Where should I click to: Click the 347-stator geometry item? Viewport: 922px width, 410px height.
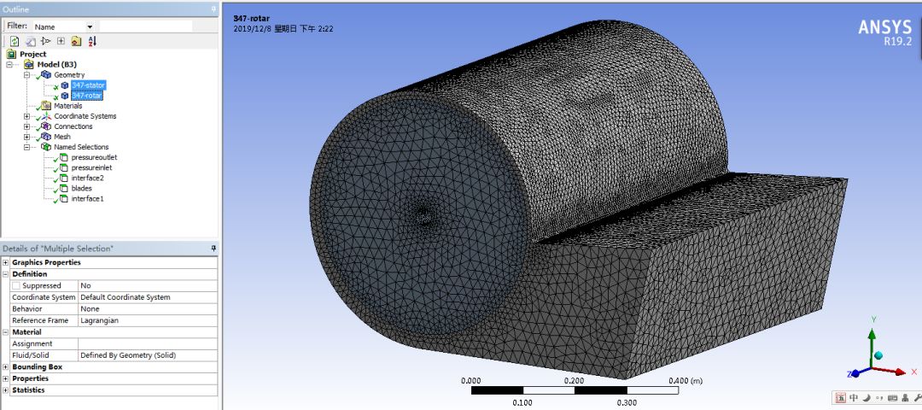pyautogui.click(x=88, y=85)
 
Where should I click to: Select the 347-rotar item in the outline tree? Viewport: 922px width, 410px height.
pyautogui.click(x=87, y=96)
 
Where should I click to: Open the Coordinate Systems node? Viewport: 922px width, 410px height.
pyautogui.click(x=85, y=116)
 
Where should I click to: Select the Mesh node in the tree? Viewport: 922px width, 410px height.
pyautogui.click(x=62, y=137)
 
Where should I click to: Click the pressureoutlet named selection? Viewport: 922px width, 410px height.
pyautogui.click(x=94, y=157)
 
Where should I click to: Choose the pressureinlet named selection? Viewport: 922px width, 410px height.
pyautogui.click(x=92, y=167)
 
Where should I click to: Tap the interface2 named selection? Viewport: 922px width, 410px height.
pyautogui.click(x=87, y=178)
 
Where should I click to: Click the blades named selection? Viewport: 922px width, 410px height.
pyautogui.click(x=81, y=188)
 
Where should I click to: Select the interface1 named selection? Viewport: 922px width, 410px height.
pyautogui.click(x=87, y=198)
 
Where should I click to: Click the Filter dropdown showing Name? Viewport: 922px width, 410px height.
pyautogui.click(x=64, y=26)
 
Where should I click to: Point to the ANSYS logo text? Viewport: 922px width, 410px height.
pyautogui.click(x=884, y=27)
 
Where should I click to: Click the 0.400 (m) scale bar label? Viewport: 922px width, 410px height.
pyautogui.click(x=685, y=381)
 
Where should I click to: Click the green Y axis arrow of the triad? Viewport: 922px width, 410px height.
pyautogui.click(x=872, y=339)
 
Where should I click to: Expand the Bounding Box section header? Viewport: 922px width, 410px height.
pyautogui.click(x=37, y=366)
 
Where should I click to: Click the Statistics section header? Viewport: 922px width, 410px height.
pyautogui.click(x=28, y=390)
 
